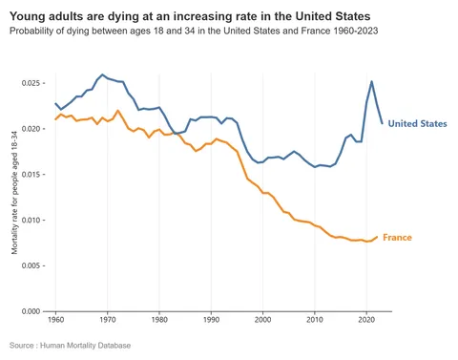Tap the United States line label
[x=417, y=124]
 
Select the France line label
[x=397, y=237]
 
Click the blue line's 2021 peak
[x=371, y=82]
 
